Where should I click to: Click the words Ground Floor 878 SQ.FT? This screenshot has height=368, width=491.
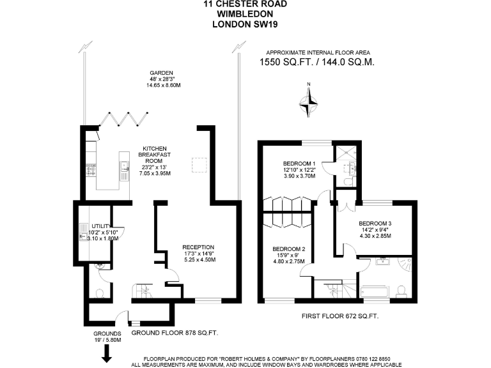(x=175, y=333)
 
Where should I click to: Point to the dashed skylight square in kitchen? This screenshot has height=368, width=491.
(x=199, y=165)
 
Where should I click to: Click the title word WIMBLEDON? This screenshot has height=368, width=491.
(x=245, y=13)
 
